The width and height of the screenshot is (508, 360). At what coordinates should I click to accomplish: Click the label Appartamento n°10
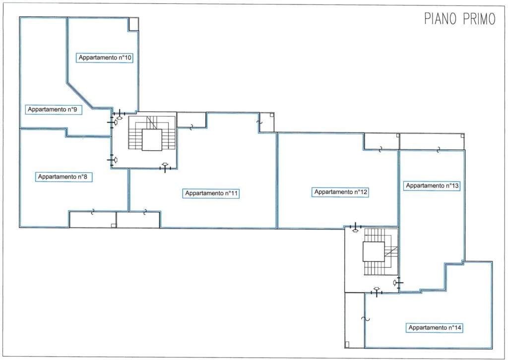click(105, 58)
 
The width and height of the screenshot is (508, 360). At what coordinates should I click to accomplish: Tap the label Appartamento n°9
click(53, 110)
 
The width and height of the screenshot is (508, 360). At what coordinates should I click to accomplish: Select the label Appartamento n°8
click(63, 177)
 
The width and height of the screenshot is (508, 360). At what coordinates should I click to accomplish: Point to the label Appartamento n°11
click(211, 193)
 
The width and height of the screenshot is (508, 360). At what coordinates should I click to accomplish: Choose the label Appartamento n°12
click(341, 192)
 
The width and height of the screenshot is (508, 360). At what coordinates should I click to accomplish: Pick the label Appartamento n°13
click(432, 185)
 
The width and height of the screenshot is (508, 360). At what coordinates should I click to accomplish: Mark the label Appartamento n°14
click(435, 328)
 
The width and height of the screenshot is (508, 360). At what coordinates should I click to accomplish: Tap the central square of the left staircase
click(152, 140)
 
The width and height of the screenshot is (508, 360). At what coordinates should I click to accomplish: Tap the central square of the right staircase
click(374, 251)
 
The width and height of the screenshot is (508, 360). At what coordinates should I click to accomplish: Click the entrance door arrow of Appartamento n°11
click(165, 165)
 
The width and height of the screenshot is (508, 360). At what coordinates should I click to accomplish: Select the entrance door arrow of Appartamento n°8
click(115, 160)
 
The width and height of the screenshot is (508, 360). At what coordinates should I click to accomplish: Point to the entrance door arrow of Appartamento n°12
click(355, 230)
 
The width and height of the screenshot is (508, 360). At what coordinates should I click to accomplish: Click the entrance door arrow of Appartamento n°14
click(376, 289)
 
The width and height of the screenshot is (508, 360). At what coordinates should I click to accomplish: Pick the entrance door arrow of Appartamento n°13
click(394, 283)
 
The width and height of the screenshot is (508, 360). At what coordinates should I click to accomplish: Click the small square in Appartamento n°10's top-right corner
click(133, 24)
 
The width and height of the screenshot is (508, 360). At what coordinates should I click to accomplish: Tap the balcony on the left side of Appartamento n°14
click(355, 320)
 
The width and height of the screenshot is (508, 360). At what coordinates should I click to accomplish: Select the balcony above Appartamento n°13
click(432, 142)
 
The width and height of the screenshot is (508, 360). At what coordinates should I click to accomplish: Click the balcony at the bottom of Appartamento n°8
click(93, 220)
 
